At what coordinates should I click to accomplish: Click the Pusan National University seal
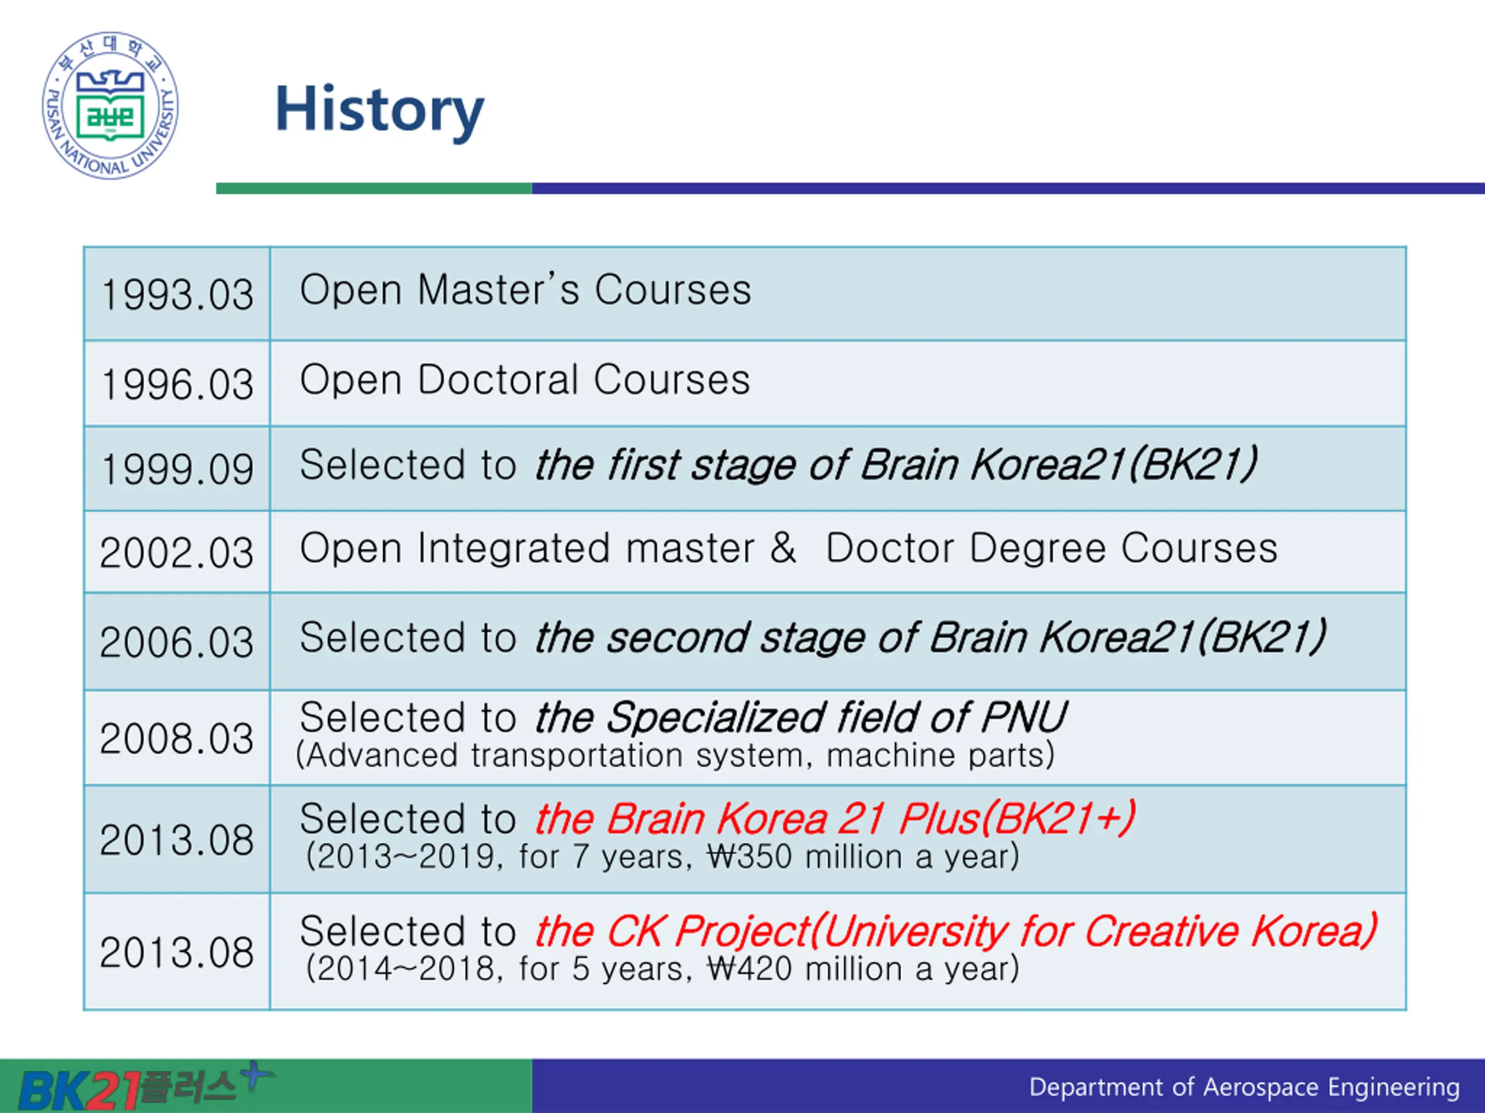(x=110, y=106)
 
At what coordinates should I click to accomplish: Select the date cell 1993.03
(x=178, y=294)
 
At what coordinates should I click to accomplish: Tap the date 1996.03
(x=178, y=384)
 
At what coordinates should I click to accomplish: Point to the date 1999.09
(x=178, y=468)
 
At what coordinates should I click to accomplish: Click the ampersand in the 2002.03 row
(x=783, y=548)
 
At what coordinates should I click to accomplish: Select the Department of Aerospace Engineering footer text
(x=1245, y=1087)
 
